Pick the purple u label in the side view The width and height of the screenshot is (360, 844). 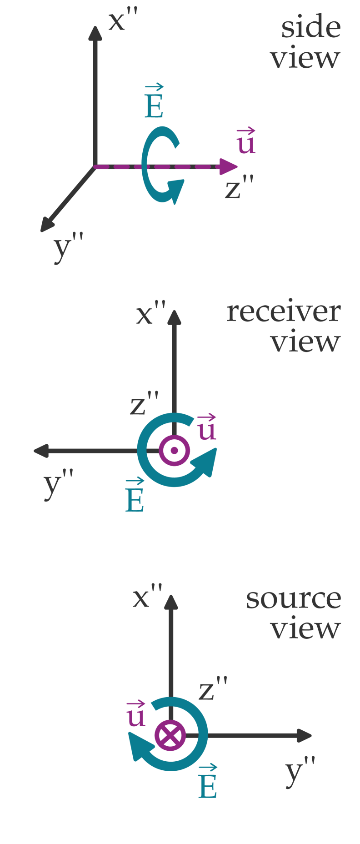[x=246, y=142]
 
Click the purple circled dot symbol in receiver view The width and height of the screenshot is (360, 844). [x=174, y=451]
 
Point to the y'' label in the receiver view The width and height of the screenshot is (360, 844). [x=58, y=484]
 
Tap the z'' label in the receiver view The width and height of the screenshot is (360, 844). [x=144, y=405]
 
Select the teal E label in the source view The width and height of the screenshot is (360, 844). [x=208, y=783]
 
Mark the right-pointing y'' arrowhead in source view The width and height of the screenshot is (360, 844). [x=304, y=735]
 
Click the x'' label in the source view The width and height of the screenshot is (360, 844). [x=147, y=597]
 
